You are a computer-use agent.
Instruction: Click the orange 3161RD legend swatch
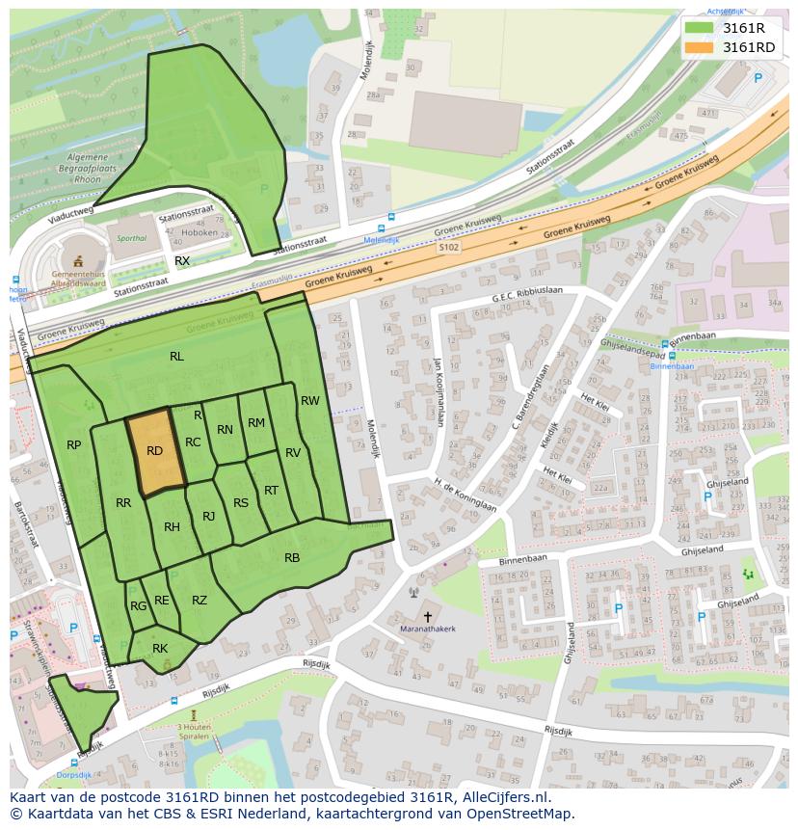click(x=700, y=47)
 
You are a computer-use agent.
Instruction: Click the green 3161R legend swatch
click(x=700, y=27)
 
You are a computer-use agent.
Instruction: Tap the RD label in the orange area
click(x=154, y=450)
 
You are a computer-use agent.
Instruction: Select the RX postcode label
click(x=181, y=261)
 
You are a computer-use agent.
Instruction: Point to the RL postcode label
click(x=176, y=357)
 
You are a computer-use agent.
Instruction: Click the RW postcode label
click(x=309, y=401)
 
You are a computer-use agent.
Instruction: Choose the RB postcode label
click(x=292, y=557)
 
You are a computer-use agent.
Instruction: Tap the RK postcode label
click(x=160, y=649)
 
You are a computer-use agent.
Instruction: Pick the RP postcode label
click(x=73, y=444)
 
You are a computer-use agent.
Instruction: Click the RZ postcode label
click(x=199, y=601)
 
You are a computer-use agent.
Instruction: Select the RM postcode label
click(x=255, y=423)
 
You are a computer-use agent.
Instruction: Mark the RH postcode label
click(x=172, y=527)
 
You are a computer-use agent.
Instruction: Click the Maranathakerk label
click(x=428, y=629)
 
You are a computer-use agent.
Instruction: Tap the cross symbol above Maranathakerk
click(x=428, y=615)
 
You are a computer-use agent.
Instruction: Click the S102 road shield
click(x=449, y=247)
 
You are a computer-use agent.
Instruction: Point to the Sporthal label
click(x=131, y=238)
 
